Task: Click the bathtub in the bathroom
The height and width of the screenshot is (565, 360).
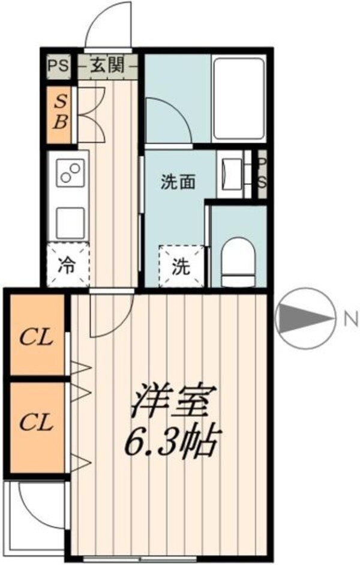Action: (238, 97)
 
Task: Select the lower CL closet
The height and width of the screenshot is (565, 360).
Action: (36, 421)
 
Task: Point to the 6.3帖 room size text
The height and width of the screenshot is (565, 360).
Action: (171, 443)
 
